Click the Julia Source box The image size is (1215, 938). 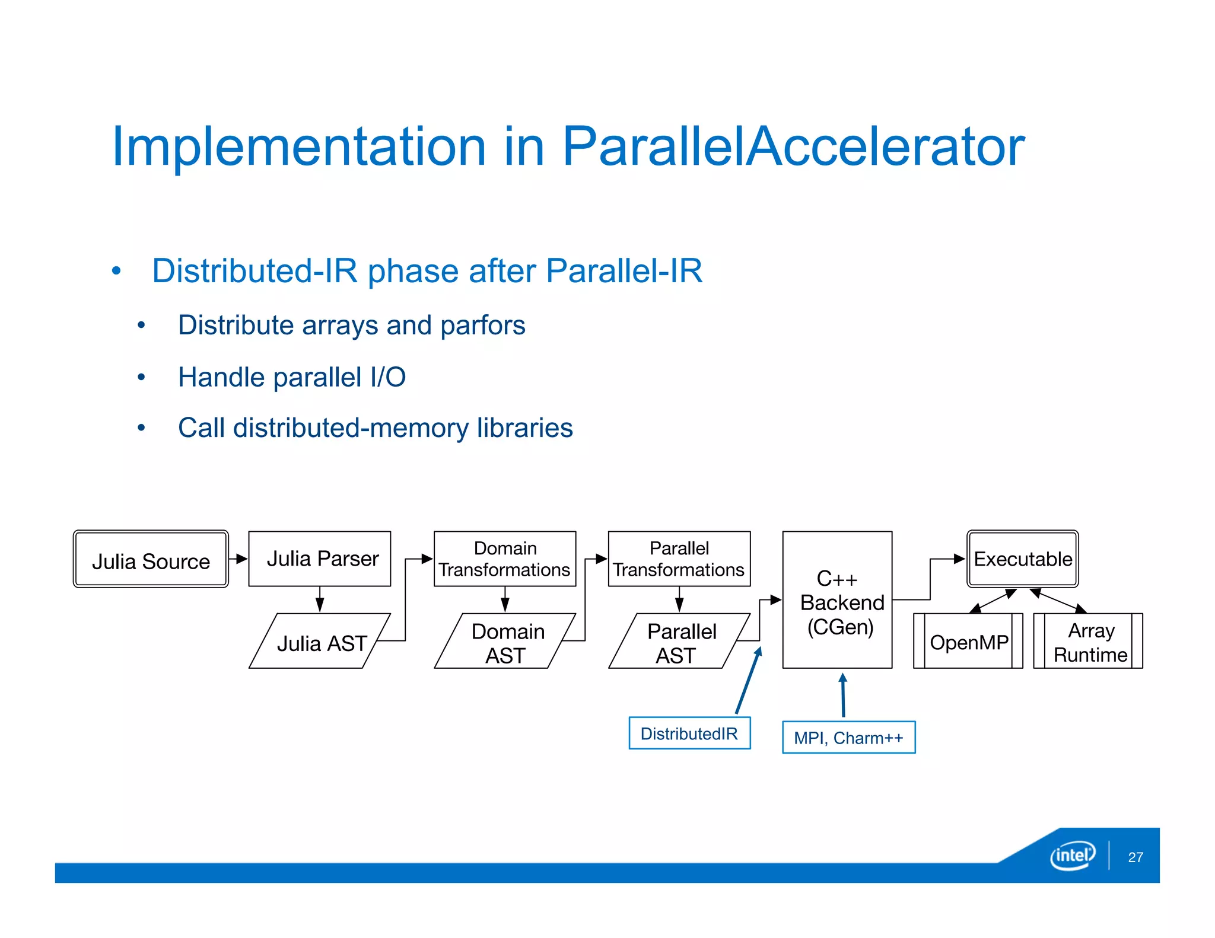[x=151, y=559]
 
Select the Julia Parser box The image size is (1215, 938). [x=320, y=559]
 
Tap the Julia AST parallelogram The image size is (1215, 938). [x=320, y=642]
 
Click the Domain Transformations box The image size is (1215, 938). [x=505, y=559]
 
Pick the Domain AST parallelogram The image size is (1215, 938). [x=505, y=642]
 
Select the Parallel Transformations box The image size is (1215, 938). [x=679, y=559]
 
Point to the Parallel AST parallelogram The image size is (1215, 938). [x=679, y=642]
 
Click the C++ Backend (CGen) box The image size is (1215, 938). [x=837, y=600]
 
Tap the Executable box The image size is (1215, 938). [x=1022, y=559]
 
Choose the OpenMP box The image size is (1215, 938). [x=968, y=642]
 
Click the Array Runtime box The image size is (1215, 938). [x=1088, y=642]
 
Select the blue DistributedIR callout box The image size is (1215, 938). [x=689, y=733]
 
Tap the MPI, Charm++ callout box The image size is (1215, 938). [x=848, y=738]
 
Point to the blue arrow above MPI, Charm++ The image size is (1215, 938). [x=843, y=695]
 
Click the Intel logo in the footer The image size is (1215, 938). [x=1073, y=855]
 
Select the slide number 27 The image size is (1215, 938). [x=1136, y=857]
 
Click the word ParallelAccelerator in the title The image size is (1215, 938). [x=793, y=146]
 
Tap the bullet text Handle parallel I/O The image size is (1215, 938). [x=292, y=377]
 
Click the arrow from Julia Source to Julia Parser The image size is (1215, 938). [x=238, y=559]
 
